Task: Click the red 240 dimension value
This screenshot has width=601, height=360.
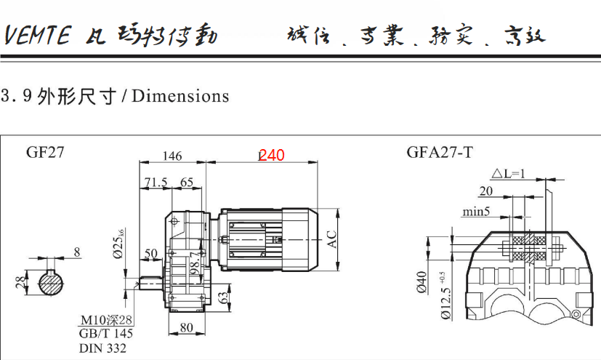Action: click(x=272, y=155)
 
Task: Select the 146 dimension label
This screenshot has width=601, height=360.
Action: click(x=172, y=156)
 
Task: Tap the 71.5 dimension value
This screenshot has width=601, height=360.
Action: click(x=156, y=182)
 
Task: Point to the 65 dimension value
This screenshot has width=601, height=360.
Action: click(x=187, y=182)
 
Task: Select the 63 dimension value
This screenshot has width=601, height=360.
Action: click(x=224, y=296)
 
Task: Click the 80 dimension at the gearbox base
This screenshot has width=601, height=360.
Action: click(x=186, y=327)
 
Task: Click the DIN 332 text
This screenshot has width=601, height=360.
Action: click(x=102, y=348)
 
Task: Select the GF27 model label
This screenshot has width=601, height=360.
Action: click(x=45, y=153)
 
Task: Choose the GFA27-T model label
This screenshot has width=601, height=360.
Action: click(x=440, y=153)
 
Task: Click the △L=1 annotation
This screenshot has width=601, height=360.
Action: click(x=508, y=174)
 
